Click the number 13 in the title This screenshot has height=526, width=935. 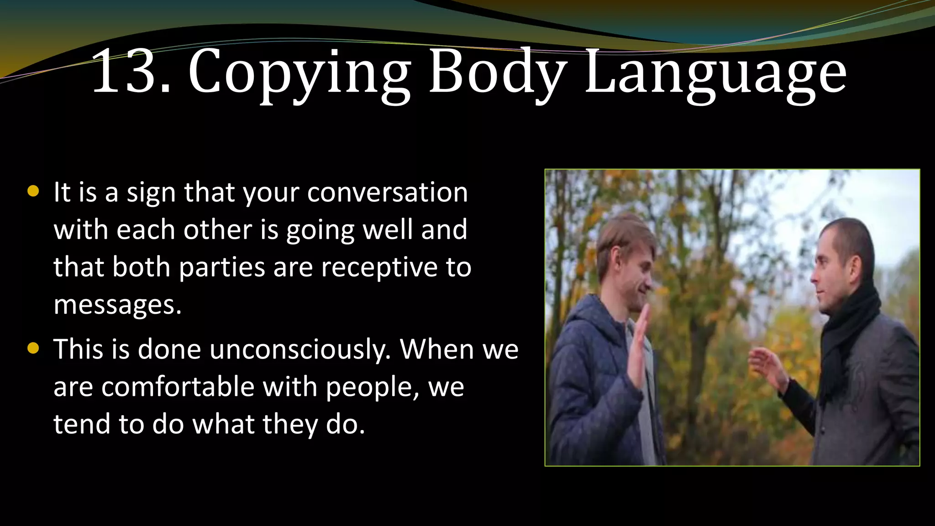(125, 72)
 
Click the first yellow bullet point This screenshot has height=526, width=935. (33, 191)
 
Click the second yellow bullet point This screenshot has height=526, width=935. (33, 349)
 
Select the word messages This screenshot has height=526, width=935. (117, 305)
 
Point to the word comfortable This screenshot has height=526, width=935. (178, 387)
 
